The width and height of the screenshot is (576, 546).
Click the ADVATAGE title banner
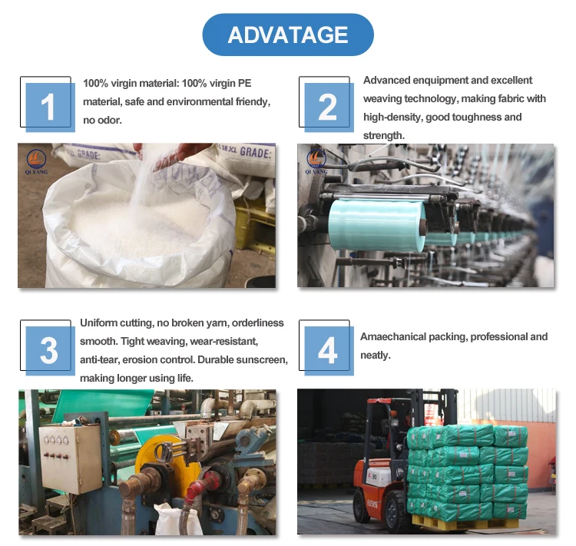288,35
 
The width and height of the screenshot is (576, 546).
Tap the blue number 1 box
51,108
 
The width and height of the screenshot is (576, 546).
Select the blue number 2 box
329,108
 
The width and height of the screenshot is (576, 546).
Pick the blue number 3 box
51,351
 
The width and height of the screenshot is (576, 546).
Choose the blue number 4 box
329,351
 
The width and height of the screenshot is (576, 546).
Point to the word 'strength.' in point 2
384,136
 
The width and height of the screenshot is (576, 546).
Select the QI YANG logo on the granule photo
36,161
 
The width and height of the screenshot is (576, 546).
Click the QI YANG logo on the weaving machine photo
316,161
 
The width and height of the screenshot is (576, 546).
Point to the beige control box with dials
71,459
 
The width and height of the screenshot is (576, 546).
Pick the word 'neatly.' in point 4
375,356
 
